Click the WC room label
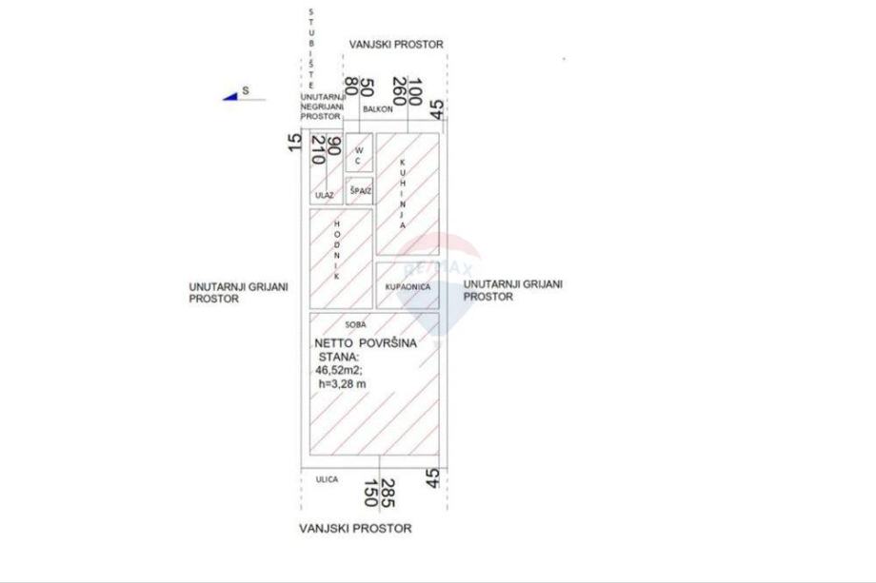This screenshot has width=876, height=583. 358,155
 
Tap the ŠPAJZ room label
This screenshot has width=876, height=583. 360,192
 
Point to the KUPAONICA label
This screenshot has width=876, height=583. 408,286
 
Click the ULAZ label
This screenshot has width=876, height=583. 324,196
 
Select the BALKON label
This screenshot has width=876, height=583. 377,109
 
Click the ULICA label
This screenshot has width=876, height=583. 327,479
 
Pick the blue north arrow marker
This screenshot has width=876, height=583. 230,95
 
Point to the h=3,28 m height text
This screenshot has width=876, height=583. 343,384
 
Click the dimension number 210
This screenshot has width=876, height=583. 318,149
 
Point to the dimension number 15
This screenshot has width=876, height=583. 294,143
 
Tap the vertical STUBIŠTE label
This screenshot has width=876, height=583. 310,48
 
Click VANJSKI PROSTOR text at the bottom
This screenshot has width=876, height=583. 355,529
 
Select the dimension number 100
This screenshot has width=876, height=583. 415,91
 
